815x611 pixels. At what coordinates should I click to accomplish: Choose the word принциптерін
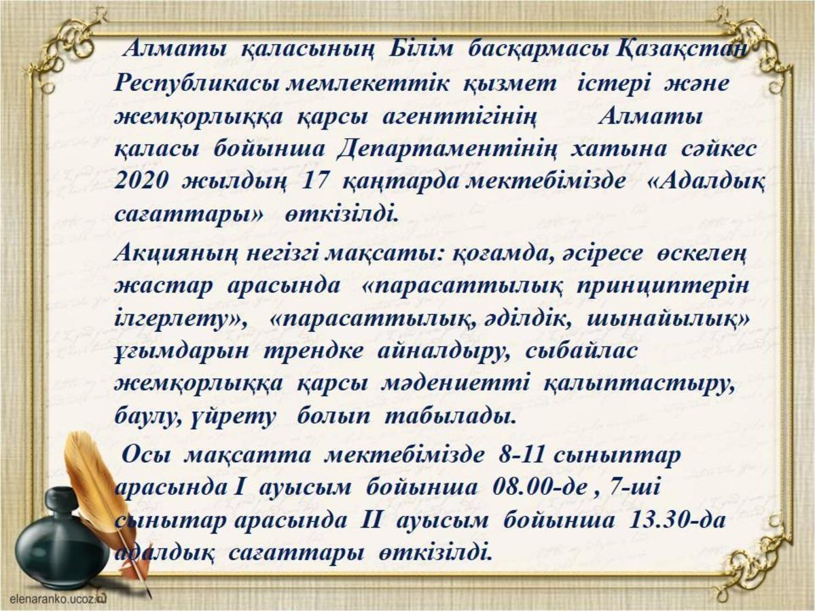coord(663,286)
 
